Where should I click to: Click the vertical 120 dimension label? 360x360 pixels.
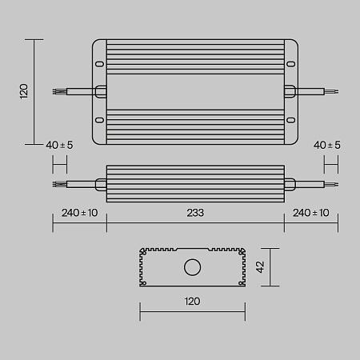(24, 91)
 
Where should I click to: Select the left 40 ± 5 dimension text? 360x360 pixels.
(59, 145)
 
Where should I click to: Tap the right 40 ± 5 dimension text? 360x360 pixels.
(327, 145)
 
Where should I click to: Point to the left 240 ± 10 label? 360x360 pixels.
(79, 213)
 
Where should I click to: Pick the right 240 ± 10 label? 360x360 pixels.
(312, 213)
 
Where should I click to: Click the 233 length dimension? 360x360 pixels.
(195, 213)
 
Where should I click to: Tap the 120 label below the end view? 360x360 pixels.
(192, 302)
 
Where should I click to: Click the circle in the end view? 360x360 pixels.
(192, 267)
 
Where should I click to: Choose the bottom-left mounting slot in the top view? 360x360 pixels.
(99, 121)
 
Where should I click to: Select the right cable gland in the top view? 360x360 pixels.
(289, 92)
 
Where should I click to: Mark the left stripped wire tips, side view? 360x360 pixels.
(57, 184)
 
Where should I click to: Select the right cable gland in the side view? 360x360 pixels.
(290, 184)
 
